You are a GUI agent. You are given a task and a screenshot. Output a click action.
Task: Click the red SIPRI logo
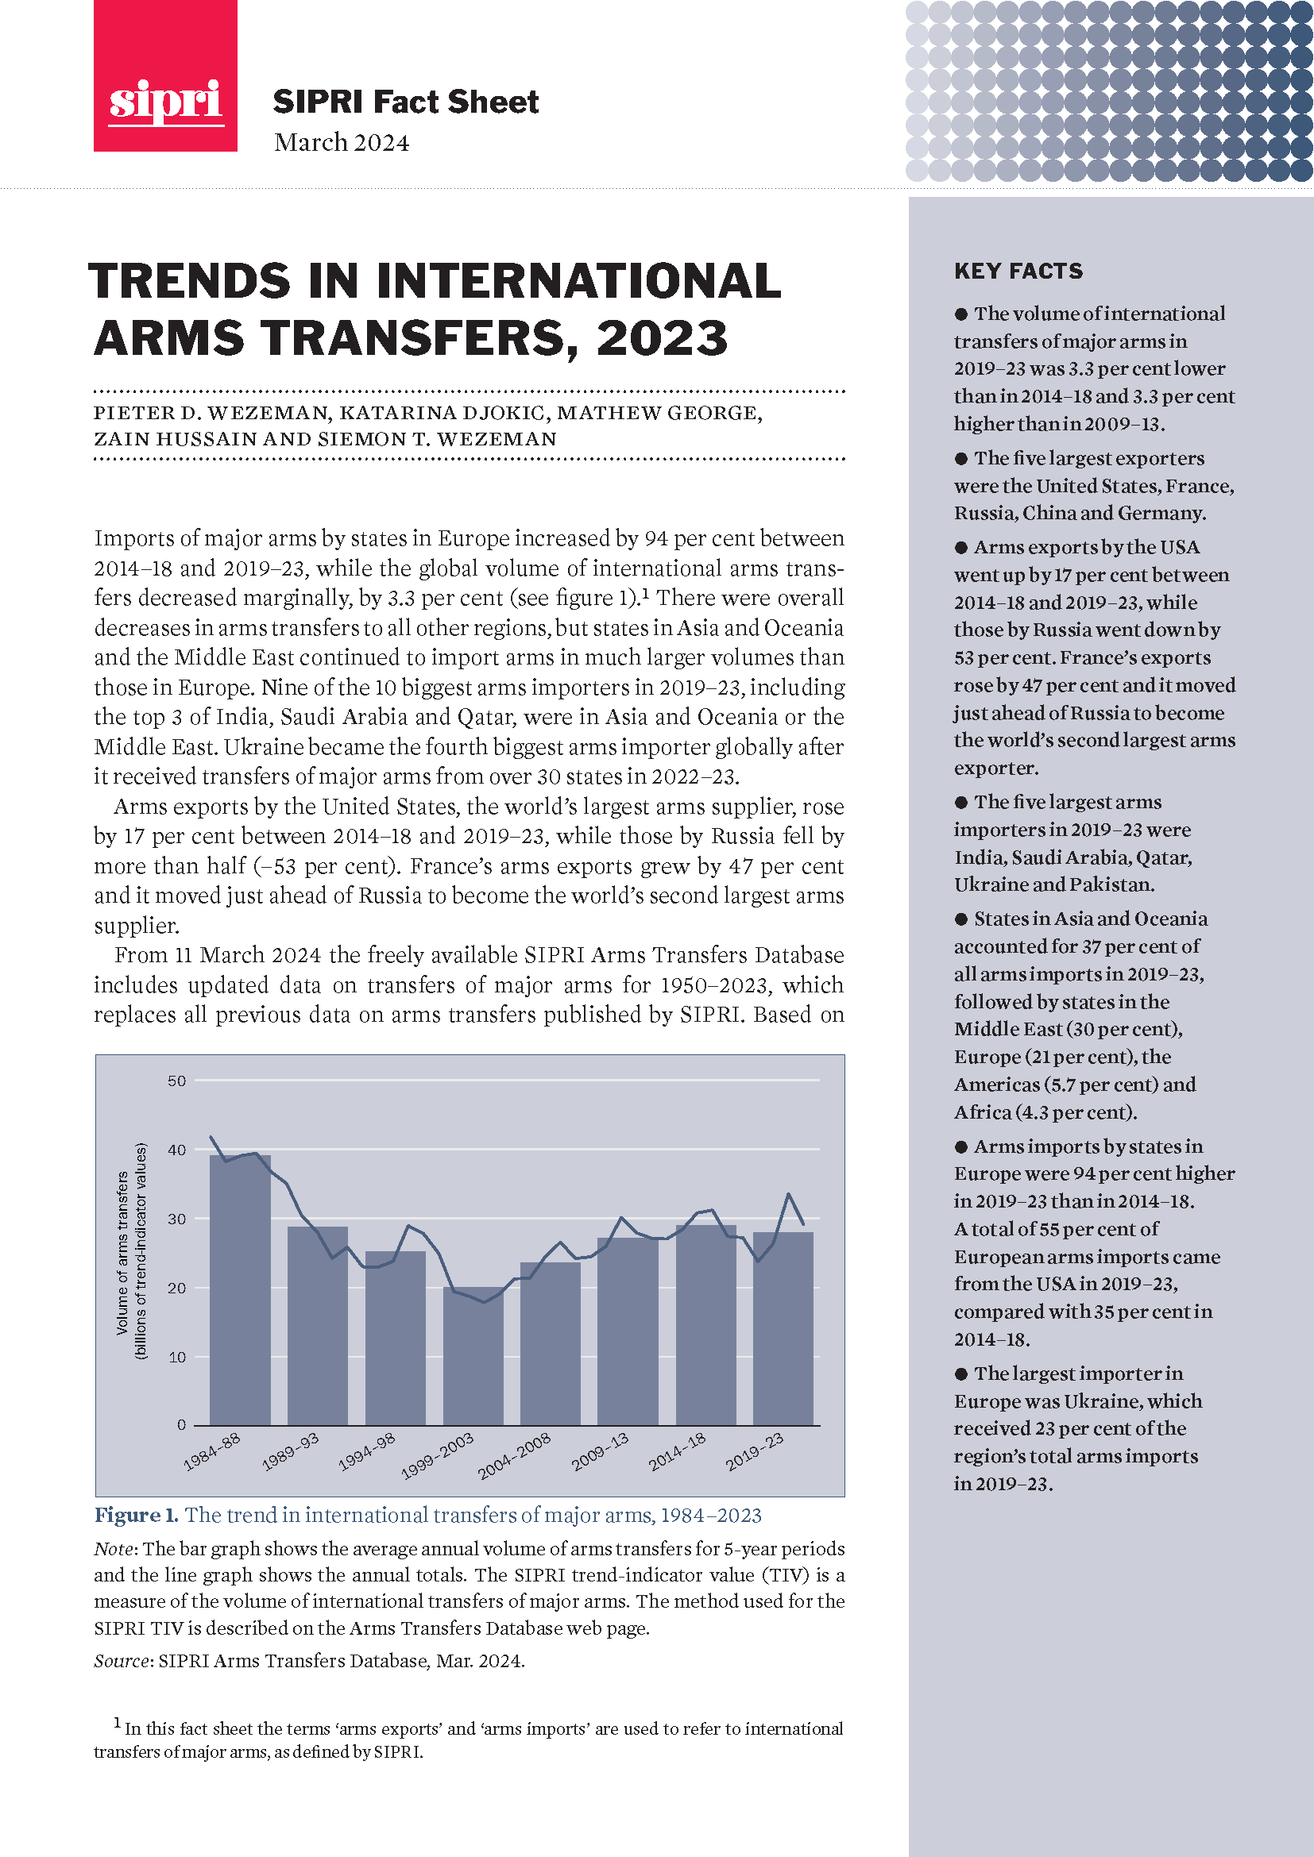click(x=165, y=76)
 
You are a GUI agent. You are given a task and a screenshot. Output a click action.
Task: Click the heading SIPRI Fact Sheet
click(x=405, y=102)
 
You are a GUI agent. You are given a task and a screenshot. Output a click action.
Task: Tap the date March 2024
click(x=342, y=142)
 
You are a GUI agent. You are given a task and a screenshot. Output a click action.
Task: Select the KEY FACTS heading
click(x=1018, y=271)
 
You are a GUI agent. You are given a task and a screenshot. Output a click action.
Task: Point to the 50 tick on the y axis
click(x=176, y=1081)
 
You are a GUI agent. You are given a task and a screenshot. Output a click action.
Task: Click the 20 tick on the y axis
click(x=176, y=1288)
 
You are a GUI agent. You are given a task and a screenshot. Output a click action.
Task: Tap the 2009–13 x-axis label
click(x=601, y=1451)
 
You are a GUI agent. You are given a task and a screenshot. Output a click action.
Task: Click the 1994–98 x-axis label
click(x=366, y=1451)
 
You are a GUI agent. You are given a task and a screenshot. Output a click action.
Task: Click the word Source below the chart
click(x=123, y=1660)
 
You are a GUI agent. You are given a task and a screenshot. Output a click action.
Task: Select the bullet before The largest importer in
click(x=961, y=1374)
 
